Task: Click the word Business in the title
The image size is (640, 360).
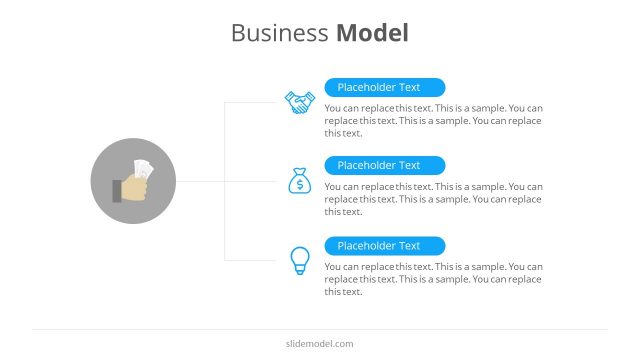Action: [x=279, y=33]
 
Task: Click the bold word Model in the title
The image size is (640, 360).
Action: [x=372, y=33]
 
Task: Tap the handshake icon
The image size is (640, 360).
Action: [x=299, y=102]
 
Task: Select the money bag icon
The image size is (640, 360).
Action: [x=299, y=181]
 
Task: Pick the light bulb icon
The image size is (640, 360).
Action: [x=299, y=260]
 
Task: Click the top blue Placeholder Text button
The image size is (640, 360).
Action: [x=385, y=88]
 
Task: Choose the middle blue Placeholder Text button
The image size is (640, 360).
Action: [x=385, y=166]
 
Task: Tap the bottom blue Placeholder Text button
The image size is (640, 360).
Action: [x=385, y=245]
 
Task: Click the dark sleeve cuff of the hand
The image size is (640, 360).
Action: [x=116, y=190]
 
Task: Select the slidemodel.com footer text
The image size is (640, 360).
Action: [x=320, y=344]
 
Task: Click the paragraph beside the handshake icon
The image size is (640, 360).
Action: [x=433, y=120]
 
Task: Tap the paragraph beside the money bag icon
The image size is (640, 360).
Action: [x=433, y=199]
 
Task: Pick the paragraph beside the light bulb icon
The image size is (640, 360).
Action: [x=433, y=279]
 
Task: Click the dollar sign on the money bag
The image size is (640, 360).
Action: [x=299, y=185]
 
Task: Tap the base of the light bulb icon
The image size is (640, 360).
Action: [x=299, y=271]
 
